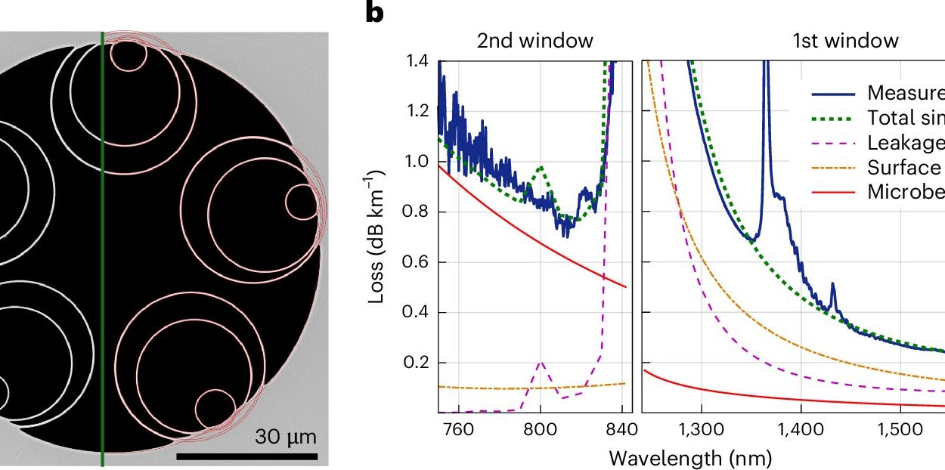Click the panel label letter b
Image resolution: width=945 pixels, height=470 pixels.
[376, 13]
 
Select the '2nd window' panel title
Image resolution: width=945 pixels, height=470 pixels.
[534, 41]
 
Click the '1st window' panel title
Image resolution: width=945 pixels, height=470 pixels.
[845, 41]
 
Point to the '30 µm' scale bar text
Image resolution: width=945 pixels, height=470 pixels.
[285, 438]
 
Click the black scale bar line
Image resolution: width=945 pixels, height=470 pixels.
[246, 456]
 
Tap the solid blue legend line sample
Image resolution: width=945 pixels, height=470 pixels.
[835, 94]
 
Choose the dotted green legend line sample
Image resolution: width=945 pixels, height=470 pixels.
[835, 119]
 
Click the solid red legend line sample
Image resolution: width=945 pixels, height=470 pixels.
[835, 192]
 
